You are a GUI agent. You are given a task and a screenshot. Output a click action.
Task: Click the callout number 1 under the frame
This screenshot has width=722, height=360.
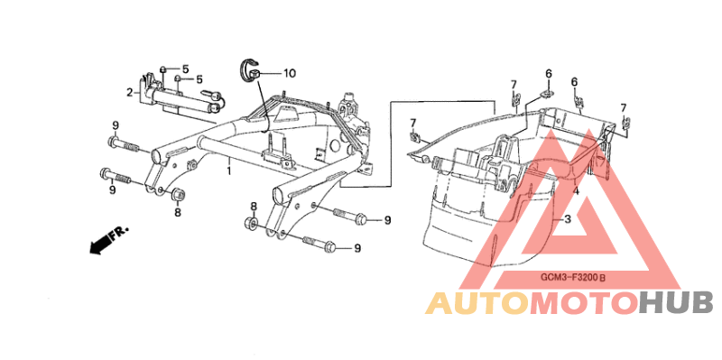[x=228, y=171]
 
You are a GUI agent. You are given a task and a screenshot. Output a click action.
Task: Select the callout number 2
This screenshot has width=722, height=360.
[x=130, y=92]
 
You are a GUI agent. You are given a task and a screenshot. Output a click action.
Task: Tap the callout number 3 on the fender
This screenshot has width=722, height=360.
[x=568, y=219]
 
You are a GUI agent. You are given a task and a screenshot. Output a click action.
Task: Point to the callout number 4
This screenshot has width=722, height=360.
[x=576, y=190]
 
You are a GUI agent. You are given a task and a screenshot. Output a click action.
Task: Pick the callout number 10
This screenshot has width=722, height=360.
[x=290, y=73]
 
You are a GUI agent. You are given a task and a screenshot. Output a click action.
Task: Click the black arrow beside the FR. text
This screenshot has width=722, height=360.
[x=99, y=244]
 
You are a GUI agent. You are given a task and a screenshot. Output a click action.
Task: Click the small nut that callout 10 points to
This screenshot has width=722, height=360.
[x=257, y=73]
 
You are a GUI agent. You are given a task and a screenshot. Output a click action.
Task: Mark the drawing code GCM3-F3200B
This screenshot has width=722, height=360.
[x=576, y=278]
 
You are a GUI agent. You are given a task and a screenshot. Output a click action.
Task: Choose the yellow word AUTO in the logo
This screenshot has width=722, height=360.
[x=477, y=303]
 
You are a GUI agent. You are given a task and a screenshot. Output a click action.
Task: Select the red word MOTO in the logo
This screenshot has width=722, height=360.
[x=584, y=303]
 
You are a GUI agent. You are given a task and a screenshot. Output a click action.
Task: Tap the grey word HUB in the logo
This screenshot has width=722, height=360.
[x=676, y=303]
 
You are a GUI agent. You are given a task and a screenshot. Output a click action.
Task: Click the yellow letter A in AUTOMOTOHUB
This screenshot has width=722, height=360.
[x=439, y=303]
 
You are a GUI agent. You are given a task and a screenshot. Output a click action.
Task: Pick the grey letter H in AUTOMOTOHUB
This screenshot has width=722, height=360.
[x=650, y=303]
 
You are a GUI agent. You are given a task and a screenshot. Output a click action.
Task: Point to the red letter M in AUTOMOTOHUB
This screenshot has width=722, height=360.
[x=545, y=303]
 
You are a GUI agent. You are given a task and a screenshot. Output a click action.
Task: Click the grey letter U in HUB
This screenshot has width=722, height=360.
[x=676, y=303]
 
